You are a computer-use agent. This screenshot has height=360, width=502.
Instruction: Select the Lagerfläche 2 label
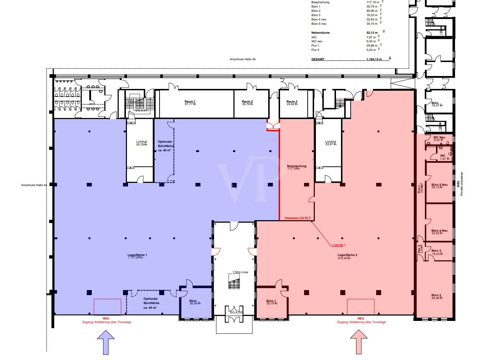tap(347, 255)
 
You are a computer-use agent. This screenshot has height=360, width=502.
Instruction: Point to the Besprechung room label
tap(297, 166)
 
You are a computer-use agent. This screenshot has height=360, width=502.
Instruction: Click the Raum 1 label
tap(190, 102)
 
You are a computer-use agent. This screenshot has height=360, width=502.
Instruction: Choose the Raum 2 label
tap(247, 102)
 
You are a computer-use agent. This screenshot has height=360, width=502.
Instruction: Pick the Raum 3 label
tap(292, 102)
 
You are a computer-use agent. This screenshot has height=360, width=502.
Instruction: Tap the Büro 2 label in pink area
tap(436, 295)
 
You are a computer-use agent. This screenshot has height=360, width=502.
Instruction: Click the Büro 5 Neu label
tap(439, 185)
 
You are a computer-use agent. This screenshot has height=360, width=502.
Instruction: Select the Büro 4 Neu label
tap(439, 231)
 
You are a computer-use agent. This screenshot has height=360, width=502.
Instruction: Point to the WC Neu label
tap(439, 137)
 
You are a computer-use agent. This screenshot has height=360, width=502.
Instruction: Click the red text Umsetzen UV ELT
tap(297, 218)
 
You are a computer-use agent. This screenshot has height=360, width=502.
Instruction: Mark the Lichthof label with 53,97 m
tap(330, 142)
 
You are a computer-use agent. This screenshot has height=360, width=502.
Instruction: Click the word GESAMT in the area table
tap(318, 59)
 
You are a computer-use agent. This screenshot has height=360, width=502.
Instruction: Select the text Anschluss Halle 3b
tap(243, 59)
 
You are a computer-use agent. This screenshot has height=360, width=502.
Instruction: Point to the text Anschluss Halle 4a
tap(34, 185)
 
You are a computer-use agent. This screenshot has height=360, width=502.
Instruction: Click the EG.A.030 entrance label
tap(237, 312)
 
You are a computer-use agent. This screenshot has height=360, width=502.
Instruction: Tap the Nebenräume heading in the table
tap(321, 33)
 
